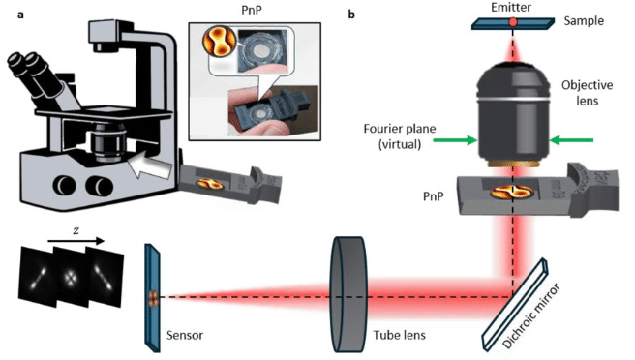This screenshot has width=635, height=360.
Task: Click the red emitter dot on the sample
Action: [513, 22]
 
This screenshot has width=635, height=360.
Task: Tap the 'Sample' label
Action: [584, 21]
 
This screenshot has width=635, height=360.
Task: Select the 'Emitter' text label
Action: [511, 8]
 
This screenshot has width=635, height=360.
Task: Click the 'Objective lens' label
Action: [587, 92]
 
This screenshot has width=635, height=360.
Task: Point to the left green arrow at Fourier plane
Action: [455, 140]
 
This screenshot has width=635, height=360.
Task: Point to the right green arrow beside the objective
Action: [571, 140]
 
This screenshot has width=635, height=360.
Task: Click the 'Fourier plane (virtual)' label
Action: [400, 136]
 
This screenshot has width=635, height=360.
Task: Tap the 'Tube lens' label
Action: [399, 335]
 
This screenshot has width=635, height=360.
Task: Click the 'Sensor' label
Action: [185, 335]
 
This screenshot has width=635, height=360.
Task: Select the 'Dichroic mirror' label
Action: [530, 315]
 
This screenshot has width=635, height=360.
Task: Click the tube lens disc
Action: [349, 294]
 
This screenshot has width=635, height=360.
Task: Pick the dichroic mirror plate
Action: [515, 304]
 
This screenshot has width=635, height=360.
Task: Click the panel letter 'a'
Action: [20, 15]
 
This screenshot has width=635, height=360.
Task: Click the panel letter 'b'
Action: [351, 15]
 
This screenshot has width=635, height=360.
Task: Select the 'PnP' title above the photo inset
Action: [251, 9]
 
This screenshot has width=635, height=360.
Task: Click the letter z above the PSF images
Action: [76, 231]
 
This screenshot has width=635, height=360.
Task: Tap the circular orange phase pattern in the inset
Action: [219, 41]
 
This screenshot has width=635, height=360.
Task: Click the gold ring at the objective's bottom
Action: [514, 164]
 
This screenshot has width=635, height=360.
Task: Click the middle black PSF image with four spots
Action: [71, 277]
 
